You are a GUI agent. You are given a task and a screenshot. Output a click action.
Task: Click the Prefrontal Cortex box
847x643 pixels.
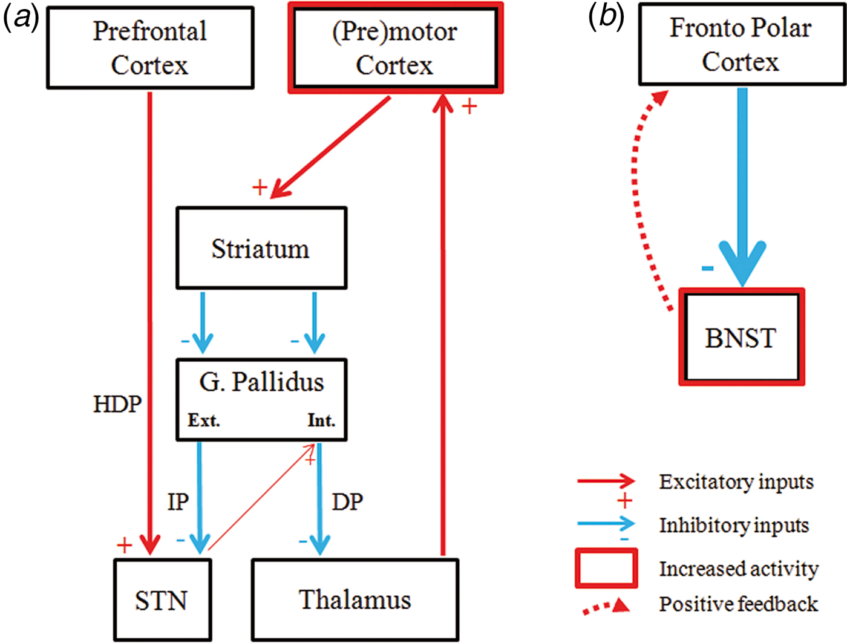click(150, 48)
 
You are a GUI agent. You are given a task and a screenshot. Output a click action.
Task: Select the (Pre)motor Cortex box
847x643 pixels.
click(395, 48)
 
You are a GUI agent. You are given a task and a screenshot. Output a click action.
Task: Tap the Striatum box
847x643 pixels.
click(261, 249)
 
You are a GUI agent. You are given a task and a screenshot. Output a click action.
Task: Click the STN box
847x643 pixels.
click(162, 600)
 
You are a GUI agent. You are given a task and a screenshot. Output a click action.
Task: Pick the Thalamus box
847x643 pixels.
click(355, 600)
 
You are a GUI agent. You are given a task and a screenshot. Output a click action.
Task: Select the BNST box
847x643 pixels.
click(741, 338)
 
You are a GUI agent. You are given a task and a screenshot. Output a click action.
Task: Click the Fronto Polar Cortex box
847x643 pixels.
click(741, 45)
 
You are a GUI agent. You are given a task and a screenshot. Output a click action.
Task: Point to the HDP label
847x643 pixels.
click(117, 404)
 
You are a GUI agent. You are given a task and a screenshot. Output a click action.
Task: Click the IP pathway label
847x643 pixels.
click(178, 502)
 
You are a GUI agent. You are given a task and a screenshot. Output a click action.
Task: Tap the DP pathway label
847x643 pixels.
click(347, 502)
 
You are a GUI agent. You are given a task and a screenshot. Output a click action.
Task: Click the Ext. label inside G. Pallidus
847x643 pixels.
click(203, 420)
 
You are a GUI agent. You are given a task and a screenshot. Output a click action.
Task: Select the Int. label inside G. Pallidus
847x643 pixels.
click(321, 420)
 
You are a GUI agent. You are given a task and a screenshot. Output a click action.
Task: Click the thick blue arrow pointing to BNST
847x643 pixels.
click(742, 181)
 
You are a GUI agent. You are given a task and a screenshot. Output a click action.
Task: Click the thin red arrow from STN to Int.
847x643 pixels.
click(260, 498)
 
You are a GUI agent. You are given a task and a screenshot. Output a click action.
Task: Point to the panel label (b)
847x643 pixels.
click(606, 17)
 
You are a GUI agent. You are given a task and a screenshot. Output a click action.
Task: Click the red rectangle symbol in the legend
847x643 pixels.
click(606, 568)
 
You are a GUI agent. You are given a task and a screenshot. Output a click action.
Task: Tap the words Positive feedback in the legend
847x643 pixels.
click(738, 604)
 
